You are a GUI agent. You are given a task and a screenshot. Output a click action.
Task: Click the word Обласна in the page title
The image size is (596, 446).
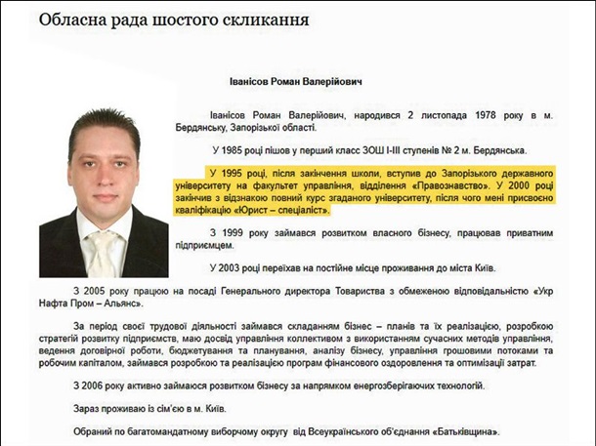(79, 20)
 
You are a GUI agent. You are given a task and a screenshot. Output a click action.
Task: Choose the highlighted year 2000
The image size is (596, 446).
(520, 183)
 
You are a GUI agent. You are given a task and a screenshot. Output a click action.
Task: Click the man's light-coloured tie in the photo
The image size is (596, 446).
(102, 255)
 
